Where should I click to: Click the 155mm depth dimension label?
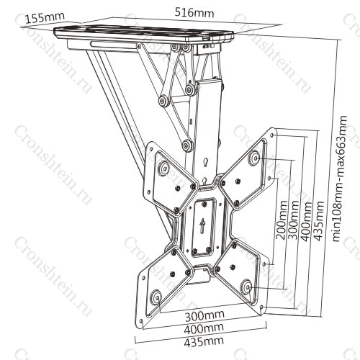[x=45, y=18]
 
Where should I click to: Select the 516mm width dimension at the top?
[x=194, y=13]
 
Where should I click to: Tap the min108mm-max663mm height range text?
[x=341, y=179]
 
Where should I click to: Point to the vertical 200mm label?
[x=282, y=220]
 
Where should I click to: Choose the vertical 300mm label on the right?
[x=294, y=220]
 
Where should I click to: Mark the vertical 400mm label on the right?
[x=306, y=221]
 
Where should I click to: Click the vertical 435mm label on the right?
[x=318, y=221]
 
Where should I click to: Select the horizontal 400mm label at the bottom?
[x=204, y=328]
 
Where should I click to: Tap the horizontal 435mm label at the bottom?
[x=204, y=341]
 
